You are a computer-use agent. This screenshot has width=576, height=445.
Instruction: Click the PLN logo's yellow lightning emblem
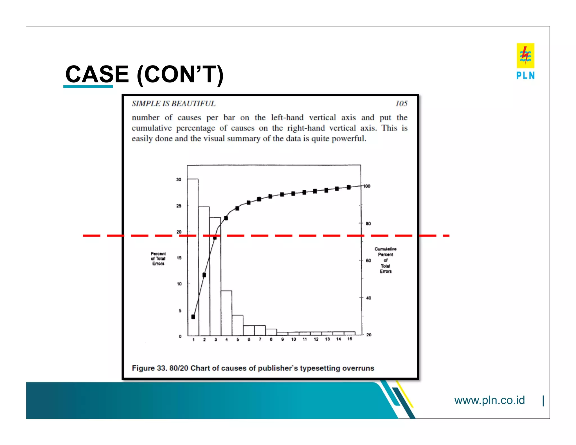coord(525,55)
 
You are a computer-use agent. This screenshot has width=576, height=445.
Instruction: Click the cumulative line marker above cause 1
coord(193,317)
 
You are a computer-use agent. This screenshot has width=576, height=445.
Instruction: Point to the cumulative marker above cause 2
coord(204,275)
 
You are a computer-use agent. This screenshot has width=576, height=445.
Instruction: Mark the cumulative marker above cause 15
coord(349,187)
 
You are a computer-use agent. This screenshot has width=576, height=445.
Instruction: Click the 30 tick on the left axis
coord(179,179)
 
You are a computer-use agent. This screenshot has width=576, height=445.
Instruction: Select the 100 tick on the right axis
coord(367,186)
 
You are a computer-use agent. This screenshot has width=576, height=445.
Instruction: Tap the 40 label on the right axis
coord(368,298)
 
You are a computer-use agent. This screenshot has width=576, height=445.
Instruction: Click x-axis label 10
coord(294,340)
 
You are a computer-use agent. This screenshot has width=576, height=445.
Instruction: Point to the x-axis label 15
coord(350,339)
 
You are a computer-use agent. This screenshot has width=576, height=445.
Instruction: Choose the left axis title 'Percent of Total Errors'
coord(158,259)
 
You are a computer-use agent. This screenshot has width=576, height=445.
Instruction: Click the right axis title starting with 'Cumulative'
coord(385,260)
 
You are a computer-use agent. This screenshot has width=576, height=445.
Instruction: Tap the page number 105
coord(401,104)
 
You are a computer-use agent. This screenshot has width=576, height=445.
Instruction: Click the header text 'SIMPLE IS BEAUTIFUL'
coord(174,104)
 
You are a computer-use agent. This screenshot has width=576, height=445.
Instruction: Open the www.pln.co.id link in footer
coord(489,400)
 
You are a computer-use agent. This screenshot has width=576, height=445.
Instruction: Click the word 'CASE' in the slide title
coord(97,74)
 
